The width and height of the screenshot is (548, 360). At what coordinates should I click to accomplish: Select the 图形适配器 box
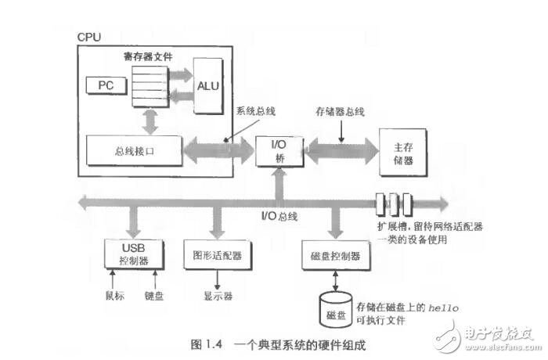pyautogui.click(x=217, y=254)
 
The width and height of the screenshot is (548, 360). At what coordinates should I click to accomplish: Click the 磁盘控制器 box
pyautogui.click(x=334, y=255)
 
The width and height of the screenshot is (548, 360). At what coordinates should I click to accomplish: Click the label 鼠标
pyautogui.click(x=114, y=297)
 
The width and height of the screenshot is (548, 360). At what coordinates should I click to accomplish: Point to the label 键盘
pyautogui.click(x=154, y=297)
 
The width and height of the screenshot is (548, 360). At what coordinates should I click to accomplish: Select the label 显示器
pyautogui.click(x=217, y=297)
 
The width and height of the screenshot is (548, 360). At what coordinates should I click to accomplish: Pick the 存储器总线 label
pyautogui.click(x=340, y=112)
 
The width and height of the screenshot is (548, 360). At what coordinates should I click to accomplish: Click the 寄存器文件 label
pyautogui.click(x=148, y=57)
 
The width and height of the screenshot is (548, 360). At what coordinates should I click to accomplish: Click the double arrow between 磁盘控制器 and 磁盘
pyautogui.click(x=335, y=279)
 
